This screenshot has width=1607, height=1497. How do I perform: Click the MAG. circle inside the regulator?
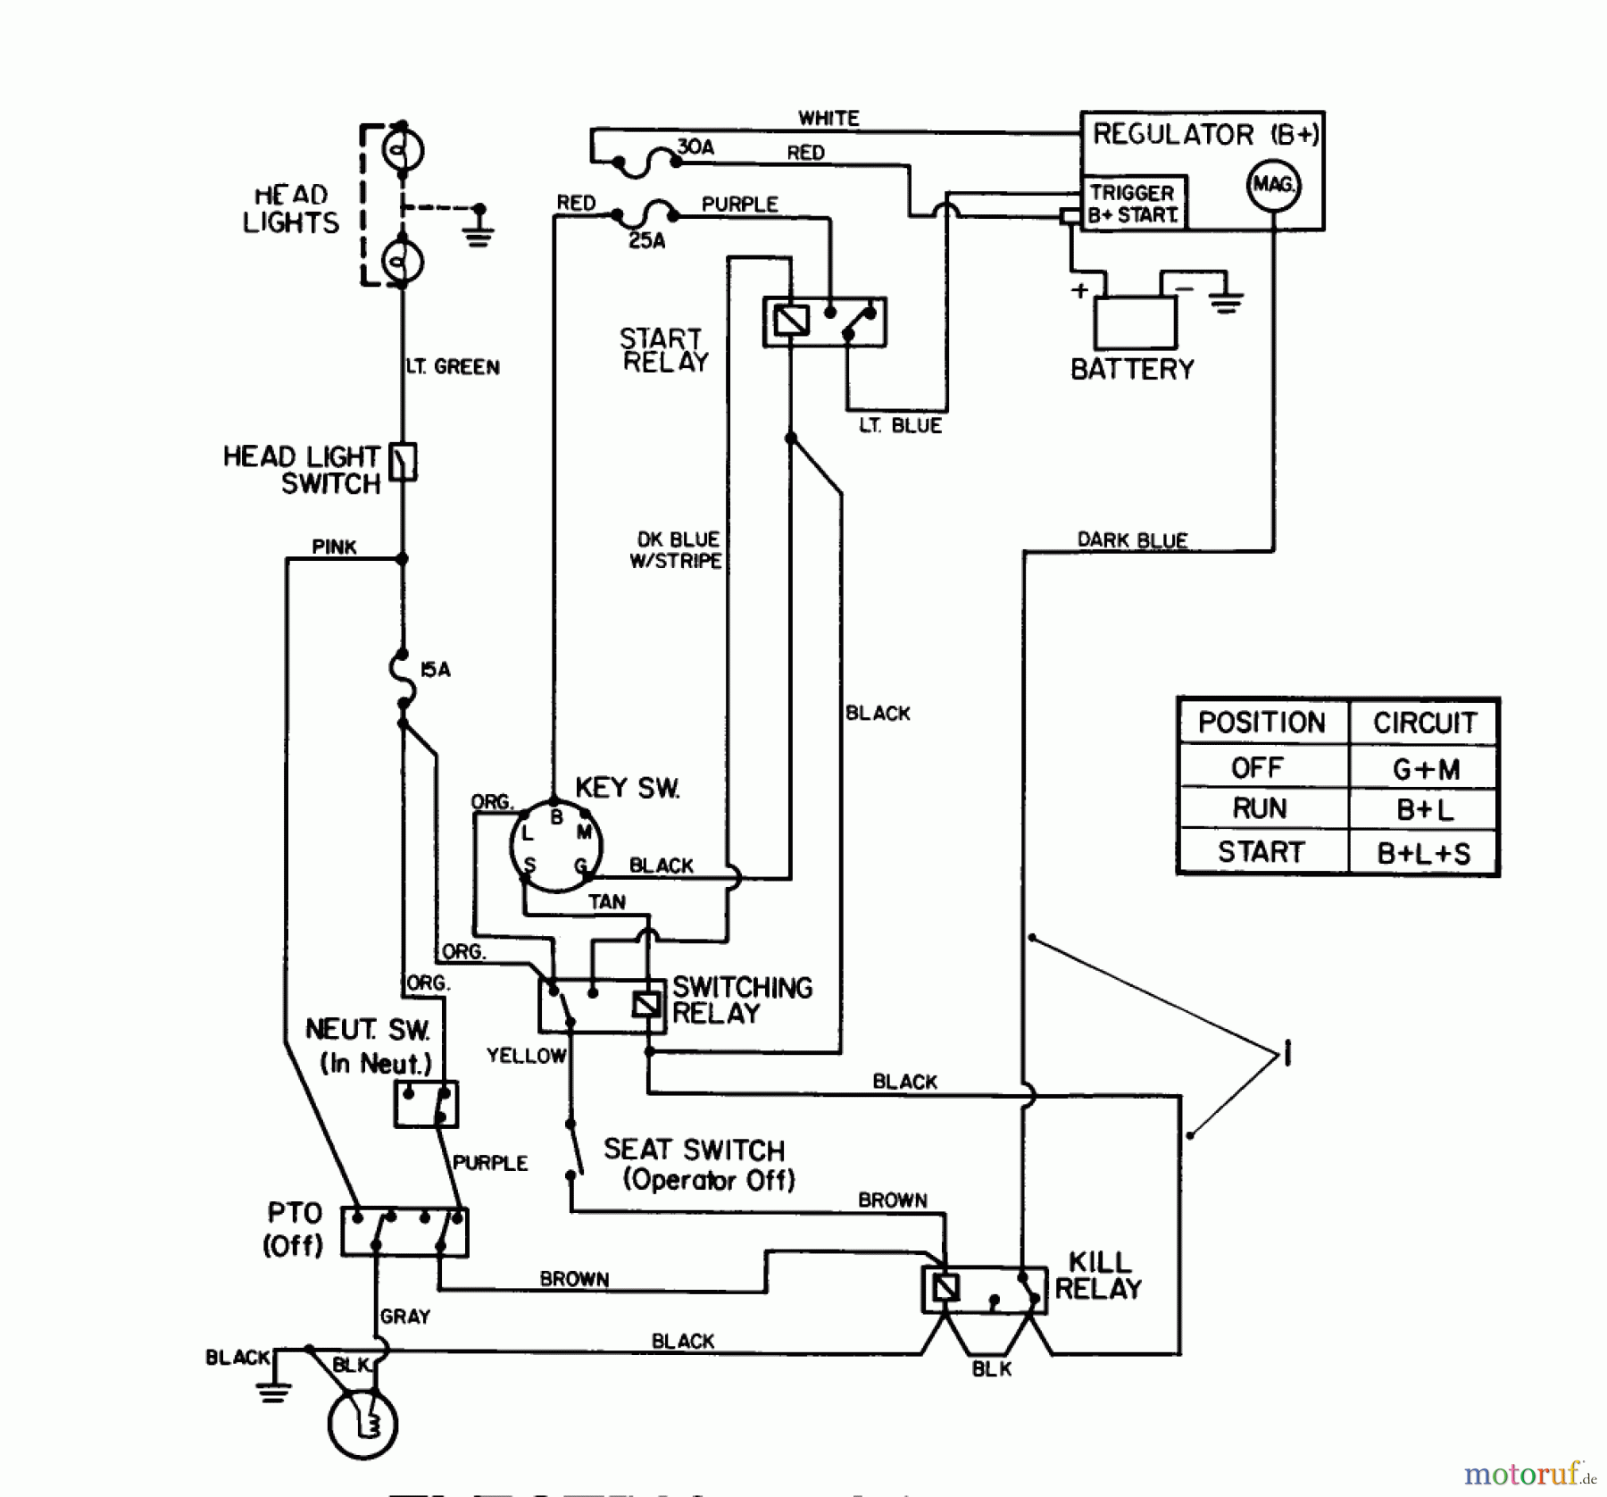pos(1273,185)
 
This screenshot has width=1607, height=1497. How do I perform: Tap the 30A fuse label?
pos(695,147)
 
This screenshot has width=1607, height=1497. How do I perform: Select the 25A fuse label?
pos(646,241)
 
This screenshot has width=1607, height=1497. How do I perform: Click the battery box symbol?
pos(1135,322)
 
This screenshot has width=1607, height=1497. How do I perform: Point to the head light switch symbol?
pos(404,462)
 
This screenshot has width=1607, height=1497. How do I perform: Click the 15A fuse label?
pos(436,670)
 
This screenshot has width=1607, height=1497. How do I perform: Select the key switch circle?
pos(555,846)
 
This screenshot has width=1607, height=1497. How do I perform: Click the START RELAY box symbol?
pos(824,322)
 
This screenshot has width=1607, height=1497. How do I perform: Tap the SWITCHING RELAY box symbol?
pos(602,1006)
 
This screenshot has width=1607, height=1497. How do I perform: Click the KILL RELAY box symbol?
pos(984,1290)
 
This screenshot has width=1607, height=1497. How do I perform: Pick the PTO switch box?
pos(404,1232)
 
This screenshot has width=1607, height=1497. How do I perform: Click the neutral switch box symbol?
pos(426,1104)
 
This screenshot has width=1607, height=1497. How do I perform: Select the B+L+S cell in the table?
pos(1423,853)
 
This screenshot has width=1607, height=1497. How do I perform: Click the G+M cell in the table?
pos(1425,768)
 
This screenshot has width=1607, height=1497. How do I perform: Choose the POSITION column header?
pos(1261,722)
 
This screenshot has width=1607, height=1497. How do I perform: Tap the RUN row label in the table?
pos(1260,808)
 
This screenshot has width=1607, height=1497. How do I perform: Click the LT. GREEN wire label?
pos(453,367)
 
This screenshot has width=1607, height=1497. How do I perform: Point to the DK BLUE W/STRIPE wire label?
pos(677,550)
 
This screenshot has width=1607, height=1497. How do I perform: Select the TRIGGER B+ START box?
pos(1132,204)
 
